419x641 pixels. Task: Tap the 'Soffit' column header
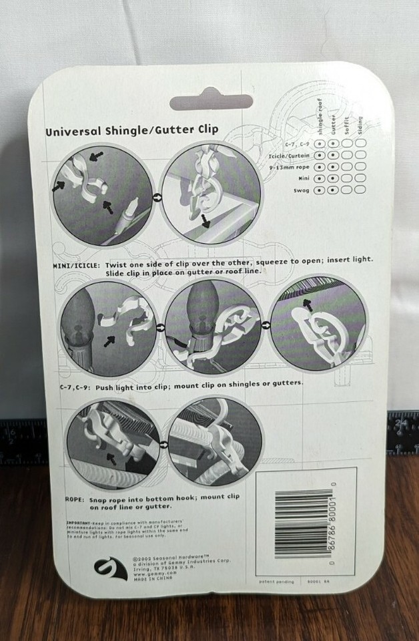click(x=346, y=126)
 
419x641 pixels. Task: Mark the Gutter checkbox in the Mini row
click(x=332, y=178)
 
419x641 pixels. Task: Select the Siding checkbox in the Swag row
click(x=360, y=190)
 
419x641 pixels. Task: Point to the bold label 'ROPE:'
click(x=75, y=498)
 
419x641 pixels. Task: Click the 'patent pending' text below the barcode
click(x=273, y=582)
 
